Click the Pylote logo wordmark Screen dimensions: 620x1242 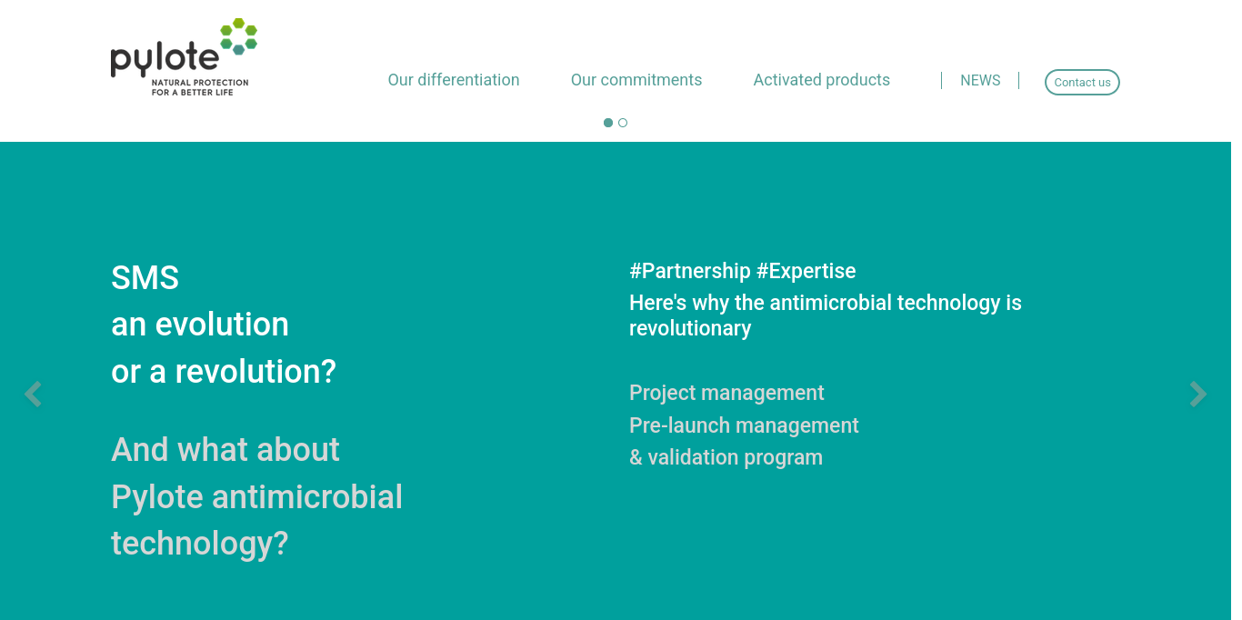click(x=164, y=60)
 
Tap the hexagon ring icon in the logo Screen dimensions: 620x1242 click(x=238, y=36)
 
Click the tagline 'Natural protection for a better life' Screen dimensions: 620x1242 click(x=199, y=87)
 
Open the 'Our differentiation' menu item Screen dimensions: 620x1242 click(x=453, y=80)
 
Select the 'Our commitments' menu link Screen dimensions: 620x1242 click(x=636, y=80)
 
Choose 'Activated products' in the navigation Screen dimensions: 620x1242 click(x=821, y=80)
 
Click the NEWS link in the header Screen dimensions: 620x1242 click(x=979, y=81)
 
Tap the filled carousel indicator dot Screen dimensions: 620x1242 click(x=608, y=123)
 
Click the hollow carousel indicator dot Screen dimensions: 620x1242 click(x=623, y=123)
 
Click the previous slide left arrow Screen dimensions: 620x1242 click(x=33, y=395)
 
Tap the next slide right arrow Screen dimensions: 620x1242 click(x=1198, y=395)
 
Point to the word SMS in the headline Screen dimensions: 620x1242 click(x=145, y=277)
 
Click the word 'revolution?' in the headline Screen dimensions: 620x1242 click(x=255, y=372)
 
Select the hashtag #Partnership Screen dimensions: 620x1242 click(x=689, y=271)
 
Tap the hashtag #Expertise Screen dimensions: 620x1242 click(x=806, y=271)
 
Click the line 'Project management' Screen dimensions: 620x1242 click(x=726, y=393)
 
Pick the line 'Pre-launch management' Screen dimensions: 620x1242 click(x=744, y=425)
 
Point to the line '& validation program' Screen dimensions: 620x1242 click(x=726, y=457)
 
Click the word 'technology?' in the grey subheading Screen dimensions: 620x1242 click(x=199, y=544)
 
